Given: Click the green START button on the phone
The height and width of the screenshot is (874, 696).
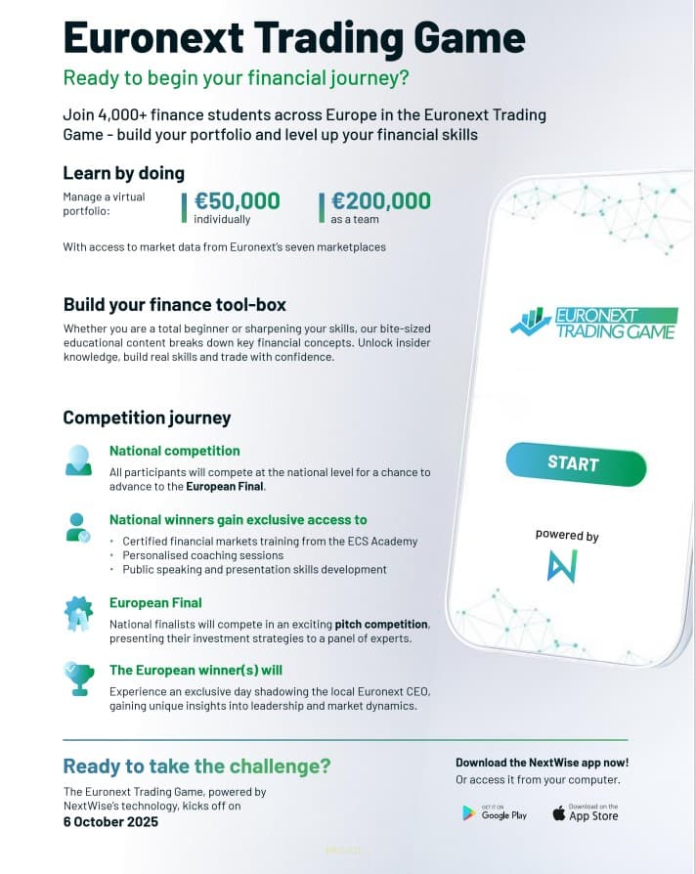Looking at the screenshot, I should (576, 463).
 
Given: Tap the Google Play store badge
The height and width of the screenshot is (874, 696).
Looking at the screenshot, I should (495, 812).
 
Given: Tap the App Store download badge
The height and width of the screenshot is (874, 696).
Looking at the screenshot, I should (585, 812).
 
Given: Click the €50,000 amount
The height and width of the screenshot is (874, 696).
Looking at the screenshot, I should (237, 201).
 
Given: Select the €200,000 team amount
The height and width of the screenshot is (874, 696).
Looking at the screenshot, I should (380, 201).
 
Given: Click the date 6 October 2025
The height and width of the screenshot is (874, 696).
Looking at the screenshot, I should (110, 821).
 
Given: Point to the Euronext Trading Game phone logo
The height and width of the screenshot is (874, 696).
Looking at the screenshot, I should (593, 323).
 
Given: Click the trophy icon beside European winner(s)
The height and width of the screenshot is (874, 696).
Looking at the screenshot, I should (77, 677).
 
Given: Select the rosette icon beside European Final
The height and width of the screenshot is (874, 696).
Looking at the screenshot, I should (78, 613).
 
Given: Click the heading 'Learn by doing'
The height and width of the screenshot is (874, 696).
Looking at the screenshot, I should (123, 173).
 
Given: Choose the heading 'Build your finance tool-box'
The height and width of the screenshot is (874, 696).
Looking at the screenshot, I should (174, 304).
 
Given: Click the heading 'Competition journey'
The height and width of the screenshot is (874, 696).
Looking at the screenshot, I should (147, 417).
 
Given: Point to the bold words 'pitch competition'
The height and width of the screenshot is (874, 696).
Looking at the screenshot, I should (381, 624).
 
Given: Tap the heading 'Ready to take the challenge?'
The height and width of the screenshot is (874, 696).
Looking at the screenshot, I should (196, 765).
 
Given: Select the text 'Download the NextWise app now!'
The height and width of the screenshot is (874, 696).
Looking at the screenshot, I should (542, 763).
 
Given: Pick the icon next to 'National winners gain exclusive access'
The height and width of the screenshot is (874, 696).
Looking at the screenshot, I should (78, 527).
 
